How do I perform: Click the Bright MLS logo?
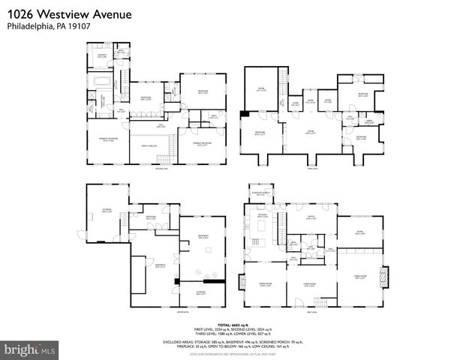tap(30, 349)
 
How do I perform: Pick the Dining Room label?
tap(264, 282)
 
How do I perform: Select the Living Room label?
tap(309, 284)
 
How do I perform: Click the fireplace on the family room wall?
tap(386, 277)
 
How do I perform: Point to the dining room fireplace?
tap(243, 282)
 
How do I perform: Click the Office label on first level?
tap(308, 217)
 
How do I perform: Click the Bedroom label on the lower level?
tap(150, 217)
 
